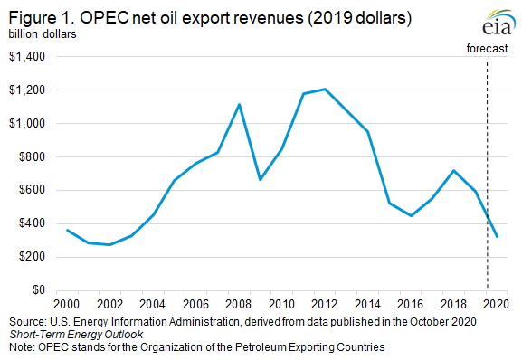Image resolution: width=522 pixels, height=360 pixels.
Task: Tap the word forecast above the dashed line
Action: pyautogui.click(x=488, y=46)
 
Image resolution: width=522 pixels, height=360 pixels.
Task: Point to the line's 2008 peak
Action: pyautogui.click(x=238, y=104)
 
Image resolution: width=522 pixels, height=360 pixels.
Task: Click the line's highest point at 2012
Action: pyautogui.click(x=324, y=89)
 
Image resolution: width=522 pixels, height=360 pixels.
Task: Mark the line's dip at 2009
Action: pyautogui.click(x=260, y=180)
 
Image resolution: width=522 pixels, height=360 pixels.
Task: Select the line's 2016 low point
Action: pyautogui.click(x=411, y=216)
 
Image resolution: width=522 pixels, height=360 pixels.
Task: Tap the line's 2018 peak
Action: pyautogui.click(x=454, y=170)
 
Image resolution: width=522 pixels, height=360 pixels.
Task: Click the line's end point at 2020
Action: pyautogui.click(x=497, y=237)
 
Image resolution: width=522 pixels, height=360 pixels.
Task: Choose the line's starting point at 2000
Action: pyautogui.click(x=65, y=230)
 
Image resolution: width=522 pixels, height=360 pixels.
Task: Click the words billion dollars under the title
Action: pyautogui.click(x=43, y=34)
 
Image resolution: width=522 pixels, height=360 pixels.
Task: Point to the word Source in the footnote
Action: pyautogui.click(x=28, y=323)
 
